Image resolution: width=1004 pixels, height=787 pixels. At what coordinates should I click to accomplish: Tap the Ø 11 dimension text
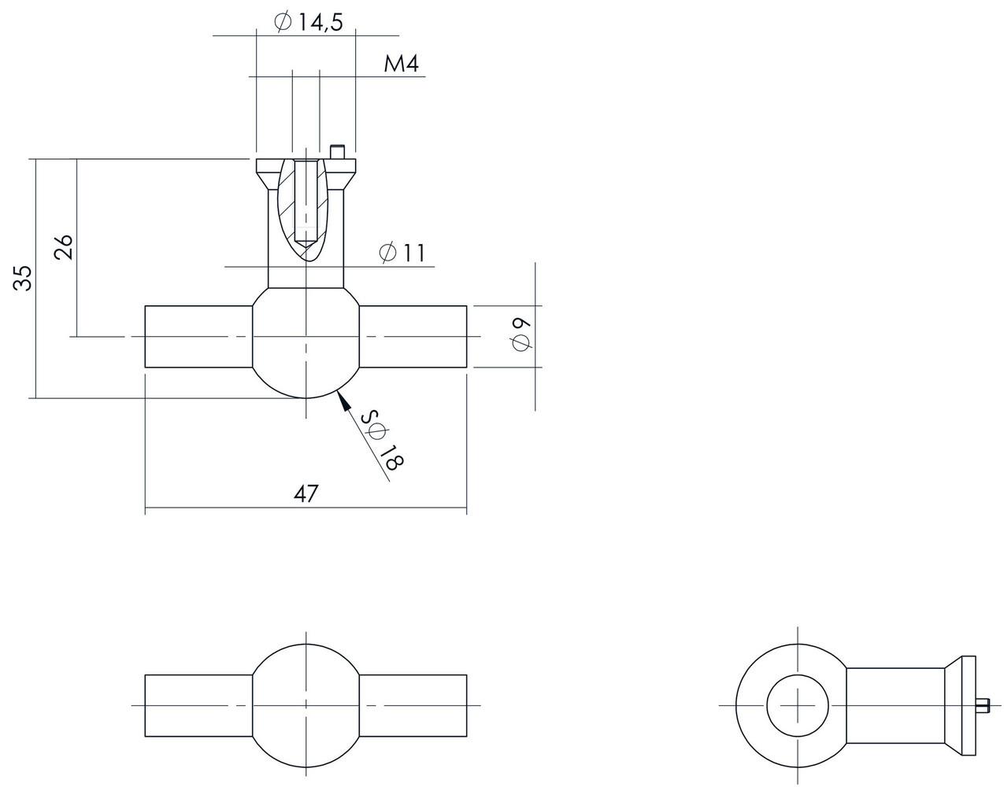point(401,253)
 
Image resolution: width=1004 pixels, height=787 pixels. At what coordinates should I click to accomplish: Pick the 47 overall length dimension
point(306,493)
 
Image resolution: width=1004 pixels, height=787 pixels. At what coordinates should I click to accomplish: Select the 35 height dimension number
point(24,278)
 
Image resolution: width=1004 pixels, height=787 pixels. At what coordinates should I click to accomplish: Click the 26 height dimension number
point(65,246)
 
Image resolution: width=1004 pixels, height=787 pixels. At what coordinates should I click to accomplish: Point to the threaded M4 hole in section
point(306,201)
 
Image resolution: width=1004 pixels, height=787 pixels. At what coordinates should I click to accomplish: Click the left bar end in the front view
point(198,337)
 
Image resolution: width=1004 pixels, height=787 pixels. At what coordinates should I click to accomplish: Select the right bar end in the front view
point(413,337)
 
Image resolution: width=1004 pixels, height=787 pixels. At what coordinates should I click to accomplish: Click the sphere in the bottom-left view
point(306,705)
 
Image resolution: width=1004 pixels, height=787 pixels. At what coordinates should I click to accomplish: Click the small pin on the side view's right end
point(981,704)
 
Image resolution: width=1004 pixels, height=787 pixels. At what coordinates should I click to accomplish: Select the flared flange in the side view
point(960,704)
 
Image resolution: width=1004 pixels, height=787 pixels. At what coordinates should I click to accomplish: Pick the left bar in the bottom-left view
point(198,705)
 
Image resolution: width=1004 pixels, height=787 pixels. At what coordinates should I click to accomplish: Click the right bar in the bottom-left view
point(413,705)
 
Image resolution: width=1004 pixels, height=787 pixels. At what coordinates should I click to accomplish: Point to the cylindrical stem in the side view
point(896,704)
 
